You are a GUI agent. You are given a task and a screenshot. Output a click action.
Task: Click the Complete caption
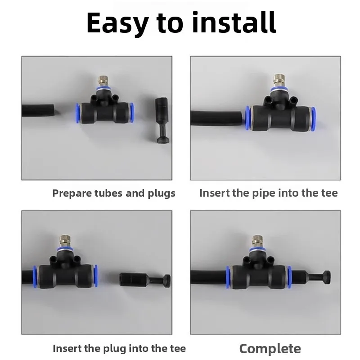click(x=270, y=348)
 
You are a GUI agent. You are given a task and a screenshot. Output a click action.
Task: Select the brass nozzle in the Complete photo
click(x=257, y=239)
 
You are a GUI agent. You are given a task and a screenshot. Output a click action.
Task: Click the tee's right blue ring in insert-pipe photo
click(x=313, y=118)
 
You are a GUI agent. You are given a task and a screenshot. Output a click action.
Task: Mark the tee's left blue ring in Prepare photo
click(x=77, y=112)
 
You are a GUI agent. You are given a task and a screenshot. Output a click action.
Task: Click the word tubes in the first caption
click(x=104, y=193)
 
